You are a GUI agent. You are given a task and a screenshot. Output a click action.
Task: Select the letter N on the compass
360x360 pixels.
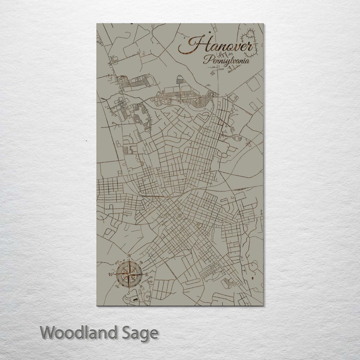129,256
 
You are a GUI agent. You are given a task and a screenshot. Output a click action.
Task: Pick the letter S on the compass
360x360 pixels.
129,292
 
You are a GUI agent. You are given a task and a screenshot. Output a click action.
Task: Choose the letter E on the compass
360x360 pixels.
147,274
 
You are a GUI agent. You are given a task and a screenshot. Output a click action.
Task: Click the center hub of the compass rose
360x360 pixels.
129,274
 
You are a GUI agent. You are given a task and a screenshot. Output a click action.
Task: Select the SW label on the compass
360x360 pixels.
117,286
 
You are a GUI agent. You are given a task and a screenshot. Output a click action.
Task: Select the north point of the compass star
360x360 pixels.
129,262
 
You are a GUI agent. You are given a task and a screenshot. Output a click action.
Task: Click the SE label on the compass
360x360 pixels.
141,286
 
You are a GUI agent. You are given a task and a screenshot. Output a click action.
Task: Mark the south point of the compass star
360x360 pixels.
129,287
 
